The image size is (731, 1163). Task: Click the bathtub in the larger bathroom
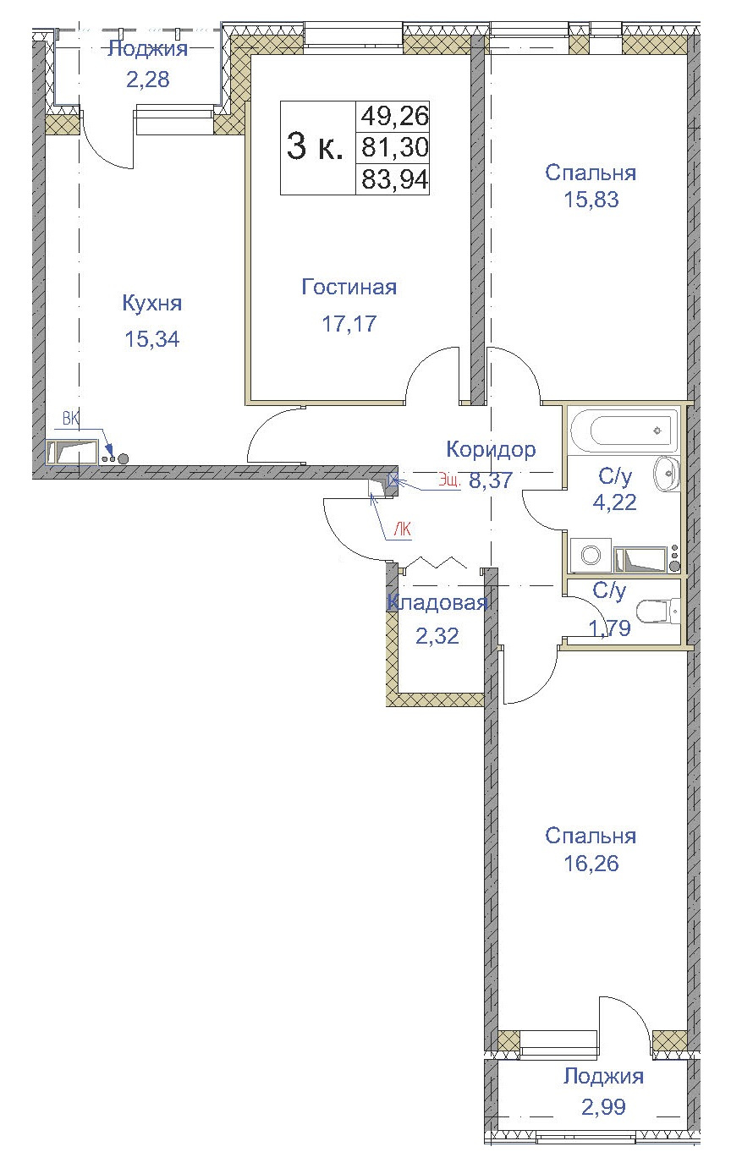(624, 430)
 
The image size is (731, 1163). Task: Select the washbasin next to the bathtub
(667, 472)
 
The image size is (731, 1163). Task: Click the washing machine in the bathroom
(591, 555)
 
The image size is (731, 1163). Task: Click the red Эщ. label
(448, 481)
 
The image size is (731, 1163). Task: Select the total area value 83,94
(394, 179)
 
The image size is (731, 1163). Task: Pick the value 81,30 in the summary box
(394, 147)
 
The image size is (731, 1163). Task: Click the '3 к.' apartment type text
(315, 147)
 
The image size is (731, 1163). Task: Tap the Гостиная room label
(349, 288)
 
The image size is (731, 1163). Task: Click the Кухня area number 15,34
(152, 339)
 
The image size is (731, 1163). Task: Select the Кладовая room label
(437, 603)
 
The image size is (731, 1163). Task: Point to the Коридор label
(491, 449)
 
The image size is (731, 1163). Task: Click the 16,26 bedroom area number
(590, 864)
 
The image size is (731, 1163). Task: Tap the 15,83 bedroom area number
(590, 200)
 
